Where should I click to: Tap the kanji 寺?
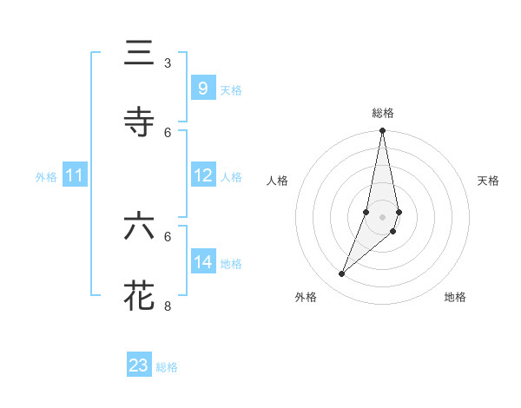coord(139,122)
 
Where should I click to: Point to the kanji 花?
coord(139,295)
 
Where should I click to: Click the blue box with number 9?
coord(202,89)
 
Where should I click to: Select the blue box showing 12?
coord(202,176)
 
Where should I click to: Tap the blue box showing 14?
coord(202,262)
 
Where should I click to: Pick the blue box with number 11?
coord(75,176)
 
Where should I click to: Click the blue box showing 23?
coord(139,365)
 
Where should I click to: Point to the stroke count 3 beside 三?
coord(168,63)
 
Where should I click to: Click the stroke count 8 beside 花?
coord(168,305)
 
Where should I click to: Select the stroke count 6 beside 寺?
coord(168,132)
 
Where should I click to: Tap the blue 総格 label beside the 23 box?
coord(167,367)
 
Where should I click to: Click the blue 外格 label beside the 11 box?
coord(46,177)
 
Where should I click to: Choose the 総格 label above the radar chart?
coord(383,113)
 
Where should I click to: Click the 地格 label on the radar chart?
coord(455,297)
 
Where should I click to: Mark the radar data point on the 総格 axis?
coord(382,131)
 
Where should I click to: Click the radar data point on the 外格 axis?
coord(342,274)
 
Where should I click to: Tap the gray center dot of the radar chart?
coord(382,217)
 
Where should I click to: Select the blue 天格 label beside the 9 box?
coord(231,90)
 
